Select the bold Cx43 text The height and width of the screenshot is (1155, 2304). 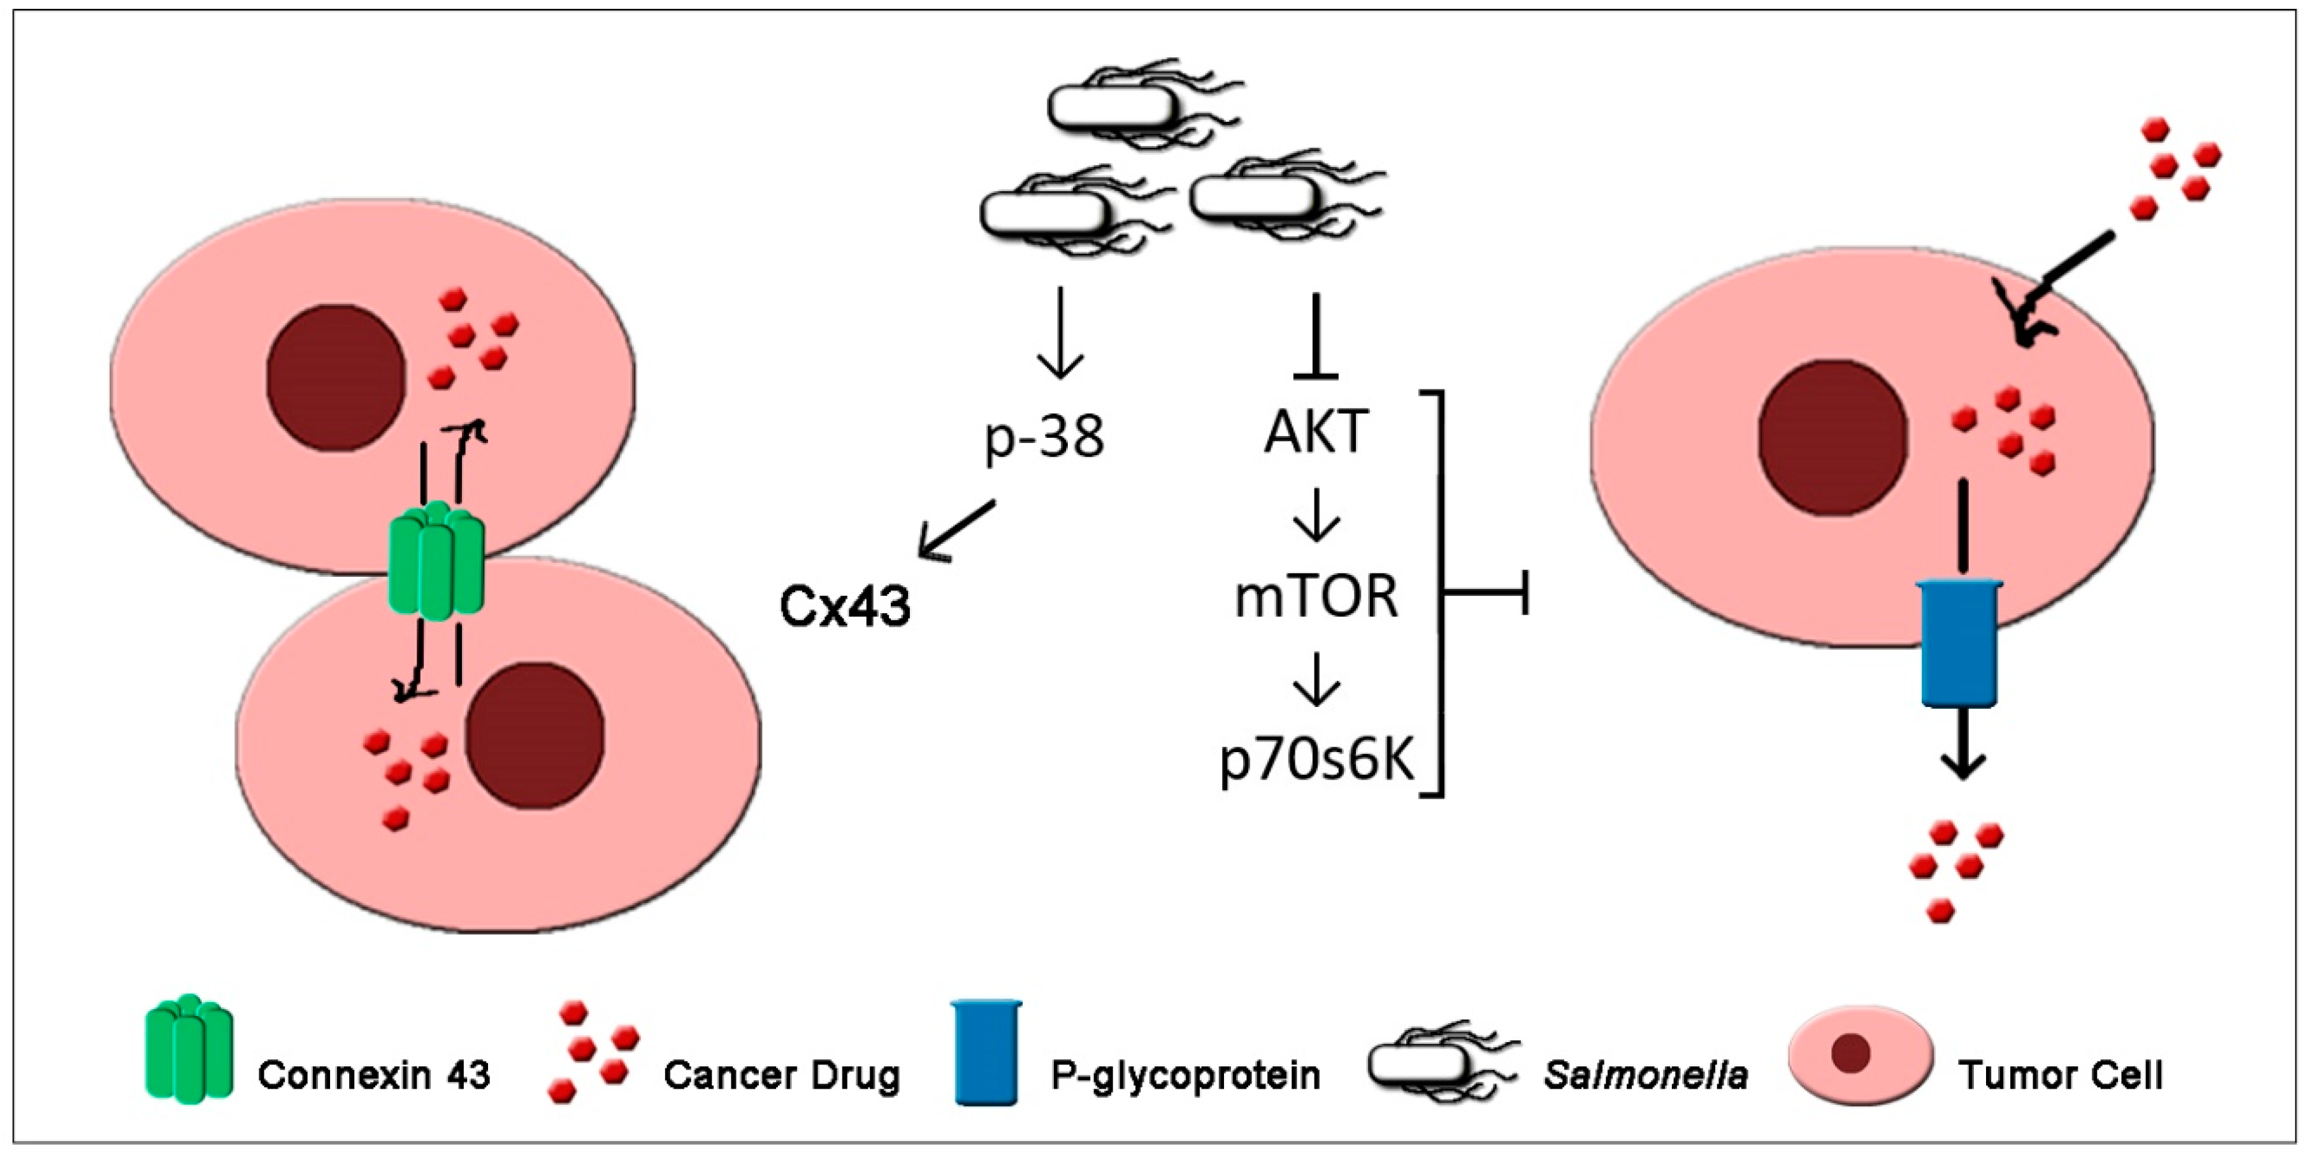[846, 607]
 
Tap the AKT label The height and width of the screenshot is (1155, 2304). [1316, 432]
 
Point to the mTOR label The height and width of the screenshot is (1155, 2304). [1316, 597]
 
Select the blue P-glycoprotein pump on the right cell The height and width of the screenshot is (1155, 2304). [1959, 643]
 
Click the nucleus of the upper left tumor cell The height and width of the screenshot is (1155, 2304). [336, 377]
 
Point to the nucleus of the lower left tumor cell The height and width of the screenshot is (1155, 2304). [534, 736]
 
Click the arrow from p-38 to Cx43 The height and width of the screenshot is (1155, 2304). [955, 530]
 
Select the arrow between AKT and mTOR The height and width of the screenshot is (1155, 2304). [1316, 516]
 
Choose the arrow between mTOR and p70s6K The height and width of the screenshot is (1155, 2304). [1316, 680]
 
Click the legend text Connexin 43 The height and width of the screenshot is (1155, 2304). [374, 1075]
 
